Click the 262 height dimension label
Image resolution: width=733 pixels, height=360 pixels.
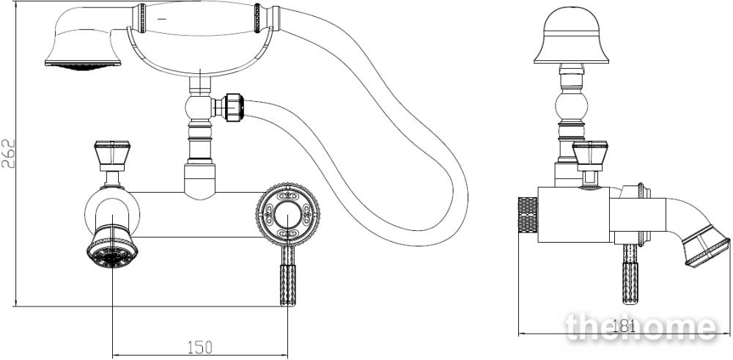click(x=8, y=153)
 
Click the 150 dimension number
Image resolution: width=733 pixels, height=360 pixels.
click(x=199, y=348)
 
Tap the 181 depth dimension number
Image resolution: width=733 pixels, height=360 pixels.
click(x=624, y=326)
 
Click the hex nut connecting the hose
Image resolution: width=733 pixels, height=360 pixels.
click(x=234, y=108)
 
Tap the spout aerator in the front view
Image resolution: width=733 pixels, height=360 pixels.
click(x=112, y=247)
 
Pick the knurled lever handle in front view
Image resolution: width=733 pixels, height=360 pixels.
click(x=288, y=276)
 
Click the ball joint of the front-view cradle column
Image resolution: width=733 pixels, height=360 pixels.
click(x=199, y=108)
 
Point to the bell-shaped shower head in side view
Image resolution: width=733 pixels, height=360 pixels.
click(x=571, y=35)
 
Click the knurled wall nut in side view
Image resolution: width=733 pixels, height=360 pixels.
click(x=528, y=215)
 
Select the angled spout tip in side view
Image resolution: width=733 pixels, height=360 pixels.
click(x=706, y=246)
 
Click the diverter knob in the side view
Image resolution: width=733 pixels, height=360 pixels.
click(x=590, y=155)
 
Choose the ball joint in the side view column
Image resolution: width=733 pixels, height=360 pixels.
click(x=571, y=106)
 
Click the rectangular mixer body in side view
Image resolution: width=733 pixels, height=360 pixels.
click(x=574, y=215)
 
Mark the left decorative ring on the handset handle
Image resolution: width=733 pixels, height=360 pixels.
click(x=141, y=19)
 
